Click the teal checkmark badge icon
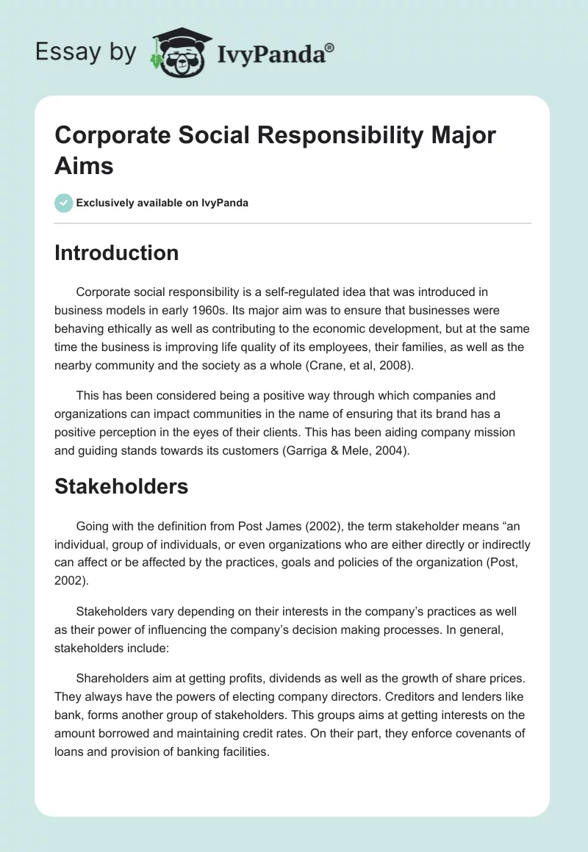(64, 203)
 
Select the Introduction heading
(117, 253)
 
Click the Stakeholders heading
(121, 485)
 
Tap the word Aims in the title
(85, 165)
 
